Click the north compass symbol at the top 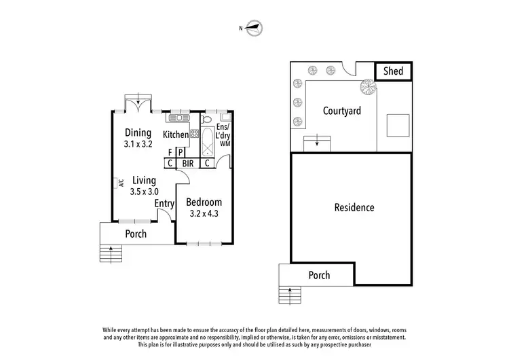254,28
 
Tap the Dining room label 138,132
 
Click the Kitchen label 175,135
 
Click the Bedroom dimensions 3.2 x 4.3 204,214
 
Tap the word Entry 164,203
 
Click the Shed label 394,71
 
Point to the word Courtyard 341,111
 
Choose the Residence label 354,207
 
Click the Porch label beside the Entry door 136,234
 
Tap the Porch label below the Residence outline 319,275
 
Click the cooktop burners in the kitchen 194,134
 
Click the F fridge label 170,153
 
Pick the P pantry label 181,153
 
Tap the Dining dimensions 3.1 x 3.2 138,144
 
